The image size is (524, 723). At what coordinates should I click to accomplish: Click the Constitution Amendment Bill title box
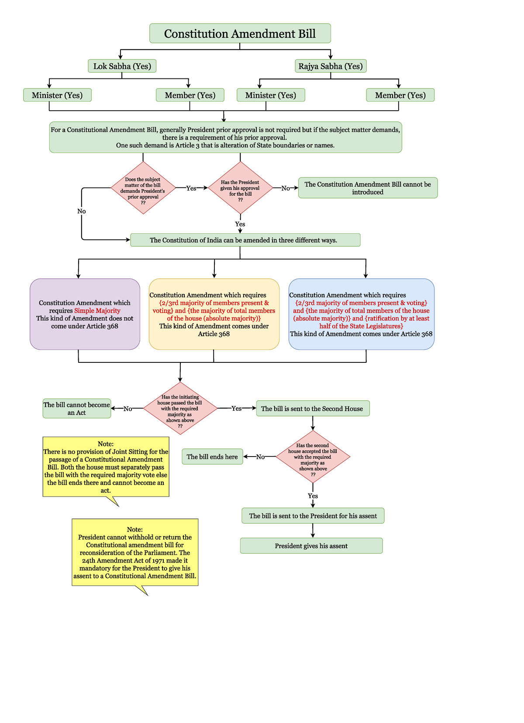(240, 33)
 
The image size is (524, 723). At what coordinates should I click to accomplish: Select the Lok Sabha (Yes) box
(122, 66)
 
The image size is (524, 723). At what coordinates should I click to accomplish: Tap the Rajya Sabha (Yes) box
(331, 66)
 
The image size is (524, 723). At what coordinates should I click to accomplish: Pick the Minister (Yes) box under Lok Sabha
(57, 95)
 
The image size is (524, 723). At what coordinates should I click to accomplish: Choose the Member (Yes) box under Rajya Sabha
(400, 95)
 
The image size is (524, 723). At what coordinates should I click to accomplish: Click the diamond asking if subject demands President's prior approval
(143, 188)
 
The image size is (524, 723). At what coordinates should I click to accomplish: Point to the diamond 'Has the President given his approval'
(240, 188)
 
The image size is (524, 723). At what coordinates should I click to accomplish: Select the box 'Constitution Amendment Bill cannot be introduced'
(368, 188)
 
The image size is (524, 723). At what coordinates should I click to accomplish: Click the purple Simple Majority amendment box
(85, 314)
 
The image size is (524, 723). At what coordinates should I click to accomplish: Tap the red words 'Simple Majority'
(97, 310)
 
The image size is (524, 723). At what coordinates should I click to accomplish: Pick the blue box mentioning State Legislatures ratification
(362, 314)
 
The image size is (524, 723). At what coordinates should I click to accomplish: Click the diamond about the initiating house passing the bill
(180, 408)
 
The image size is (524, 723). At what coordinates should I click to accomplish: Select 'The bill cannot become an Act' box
(76, 409)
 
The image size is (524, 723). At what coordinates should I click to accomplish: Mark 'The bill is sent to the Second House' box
(313, 409)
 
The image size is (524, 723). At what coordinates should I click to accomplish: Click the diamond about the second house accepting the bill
(313, 457)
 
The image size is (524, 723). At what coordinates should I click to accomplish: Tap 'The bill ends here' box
(212, 457)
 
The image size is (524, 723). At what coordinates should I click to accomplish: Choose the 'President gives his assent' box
(311, 546)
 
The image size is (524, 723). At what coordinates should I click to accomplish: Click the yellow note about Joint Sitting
(106, 467)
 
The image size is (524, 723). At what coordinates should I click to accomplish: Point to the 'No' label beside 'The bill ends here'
(260, 457)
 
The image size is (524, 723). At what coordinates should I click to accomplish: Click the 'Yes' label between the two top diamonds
(191, 188)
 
